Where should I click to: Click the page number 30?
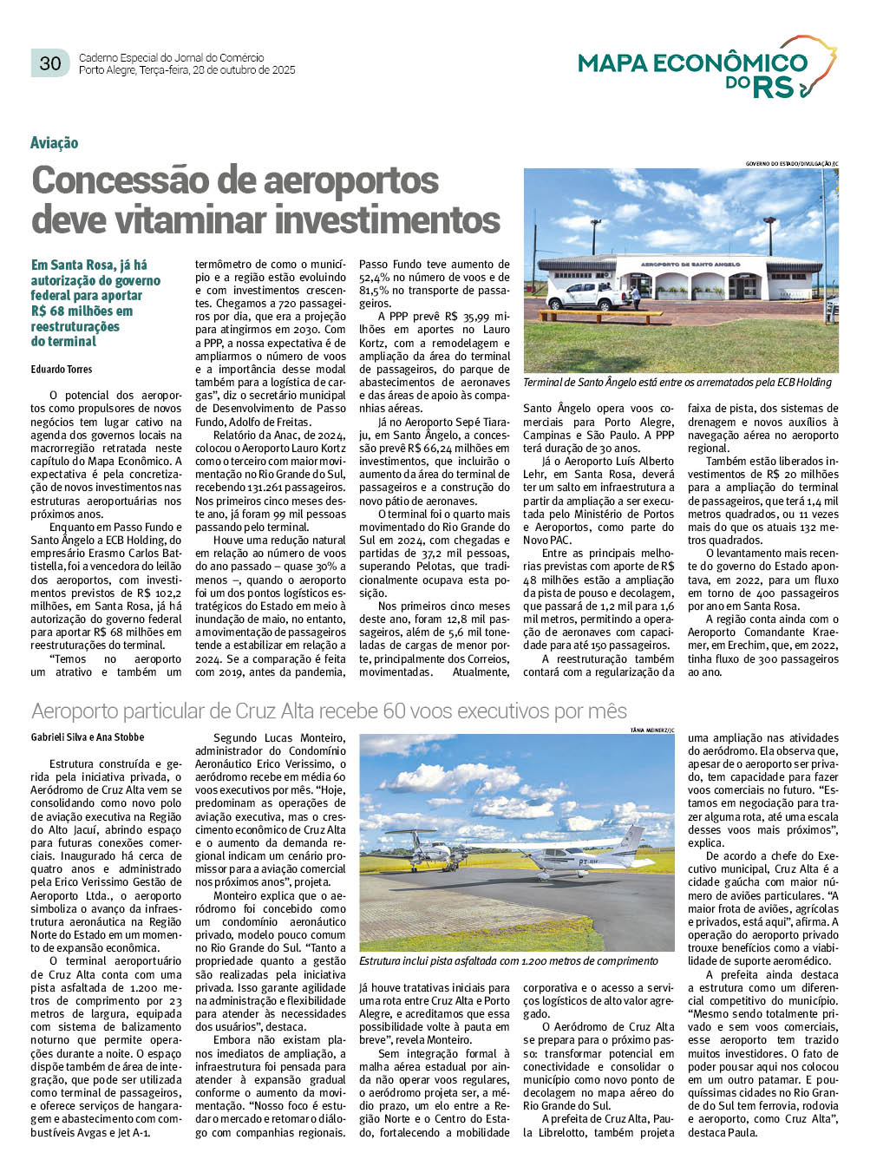click(x=50, y=63)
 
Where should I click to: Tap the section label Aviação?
click(x=54, y=143)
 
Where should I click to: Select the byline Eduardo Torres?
click(x=62, y=370)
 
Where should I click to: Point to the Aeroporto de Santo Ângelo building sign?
click(x=690, y=264)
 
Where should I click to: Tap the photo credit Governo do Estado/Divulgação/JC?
click(x=792, y=164)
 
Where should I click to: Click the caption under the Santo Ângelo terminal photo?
click(x=677, y=383)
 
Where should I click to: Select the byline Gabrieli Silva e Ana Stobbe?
click(x=88, y=737)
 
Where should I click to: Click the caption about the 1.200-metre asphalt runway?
click(x=508, y=961)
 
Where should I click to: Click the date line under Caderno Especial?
click(x=186, y=70)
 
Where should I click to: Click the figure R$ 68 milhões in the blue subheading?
click(x=82, y=311)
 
